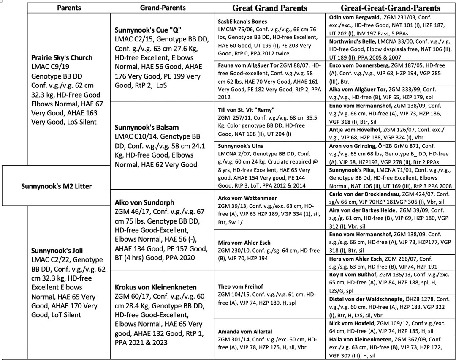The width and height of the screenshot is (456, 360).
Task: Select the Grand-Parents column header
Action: pos(163,8)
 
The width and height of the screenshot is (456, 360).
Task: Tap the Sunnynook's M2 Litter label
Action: pos(57,186)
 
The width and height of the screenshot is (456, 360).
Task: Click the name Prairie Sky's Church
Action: pos(62,57)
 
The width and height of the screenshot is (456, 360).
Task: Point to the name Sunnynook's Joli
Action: pos(55,250)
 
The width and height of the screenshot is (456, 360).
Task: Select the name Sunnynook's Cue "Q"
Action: pos(144,31)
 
